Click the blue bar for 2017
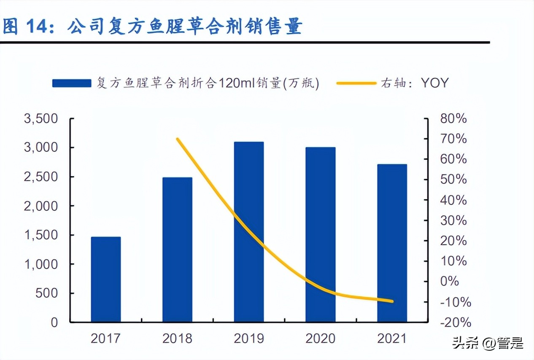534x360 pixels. click(106, 279)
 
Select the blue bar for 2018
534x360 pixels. click(177, 250)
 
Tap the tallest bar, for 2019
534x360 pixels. click(249, 232)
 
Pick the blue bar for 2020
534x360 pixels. click(321, 234)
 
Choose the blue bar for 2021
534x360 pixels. click(392, 243)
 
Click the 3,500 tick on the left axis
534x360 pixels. click(41, 119)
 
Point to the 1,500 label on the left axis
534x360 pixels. click(41, 235)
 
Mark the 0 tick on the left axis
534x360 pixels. click(54, 322)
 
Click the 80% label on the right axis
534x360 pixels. click(453, 119)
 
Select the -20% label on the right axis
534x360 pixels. click(455, 322)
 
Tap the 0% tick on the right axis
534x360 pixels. click(449, 282)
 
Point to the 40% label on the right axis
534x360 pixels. click(453, 200)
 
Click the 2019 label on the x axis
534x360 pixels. click(249, 338)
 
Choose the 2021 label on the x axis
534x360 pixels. click(392, 338)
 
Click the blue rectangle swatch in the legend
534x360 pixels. click(72, 83)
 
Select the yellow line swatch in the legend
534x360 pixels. click(356, 83)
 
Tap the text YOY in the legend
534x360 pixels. click(434, 83)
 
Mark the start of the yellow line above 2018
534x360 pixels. click(178, 139)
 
